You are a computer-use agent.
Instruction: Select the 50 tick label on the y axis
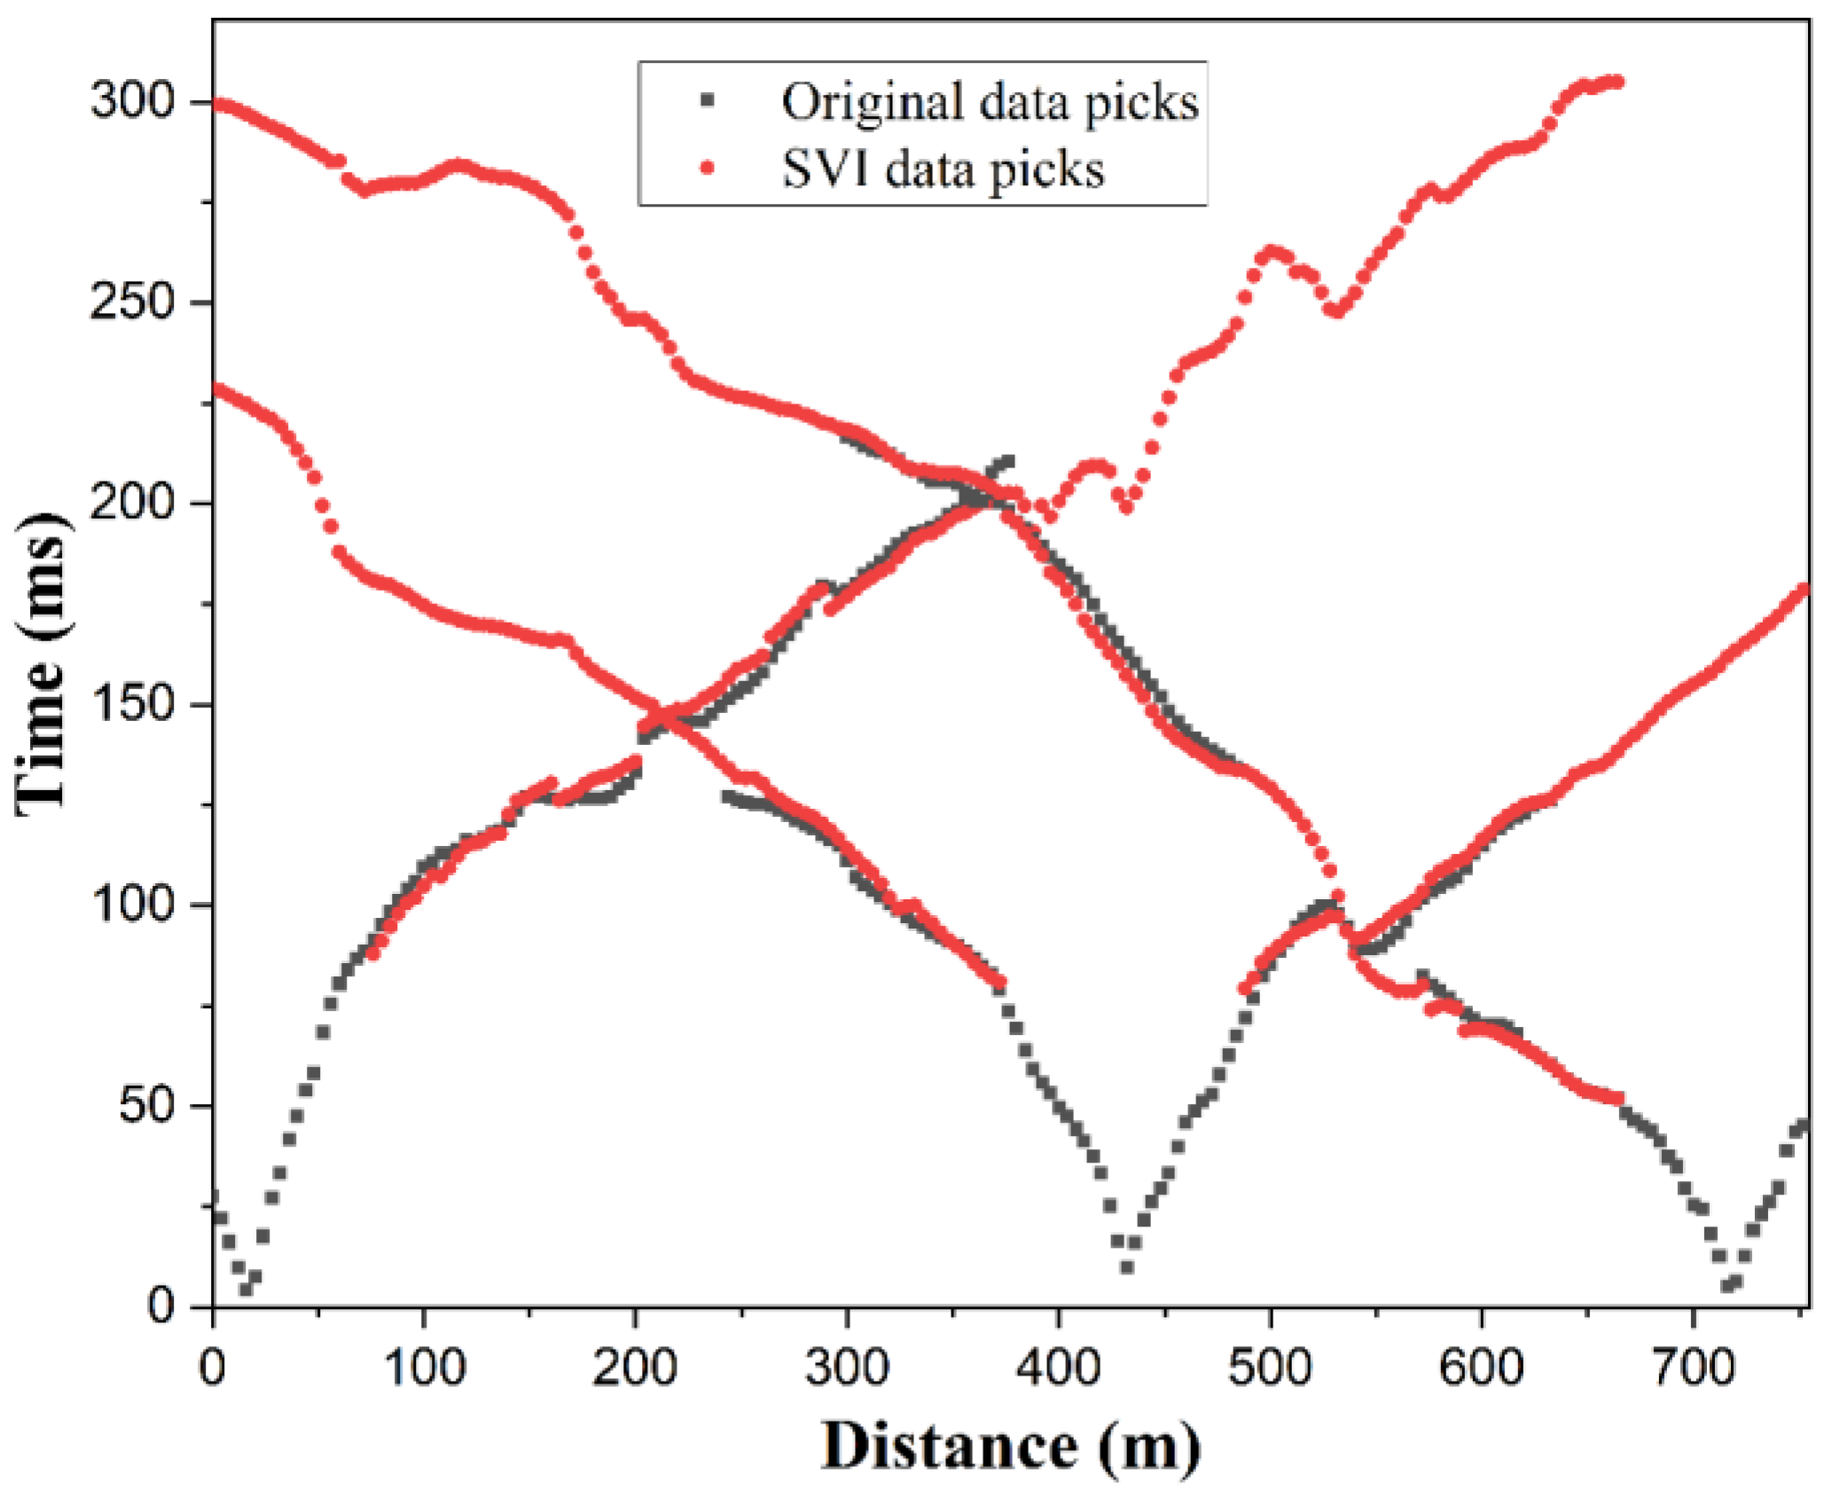coord(146,1105)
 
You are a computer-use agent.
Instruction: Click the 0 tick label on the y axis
coord(161,1305)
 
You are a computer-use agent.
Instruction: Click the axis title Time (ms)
coord(42,661)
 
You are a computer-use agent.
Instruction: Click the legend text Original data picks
coord(990,102)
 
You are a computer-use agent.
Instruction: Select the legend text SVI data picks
coord(943,169)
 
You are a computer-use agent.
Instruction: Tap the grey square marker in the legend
coord(707,100)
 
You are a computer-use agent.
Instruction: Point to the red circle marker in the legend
coord(707,168)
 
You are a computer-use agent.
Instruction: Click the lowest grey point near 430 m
coord(1127,1267)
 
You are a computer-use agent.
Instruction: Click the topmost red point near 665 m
coord(1616,82)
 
